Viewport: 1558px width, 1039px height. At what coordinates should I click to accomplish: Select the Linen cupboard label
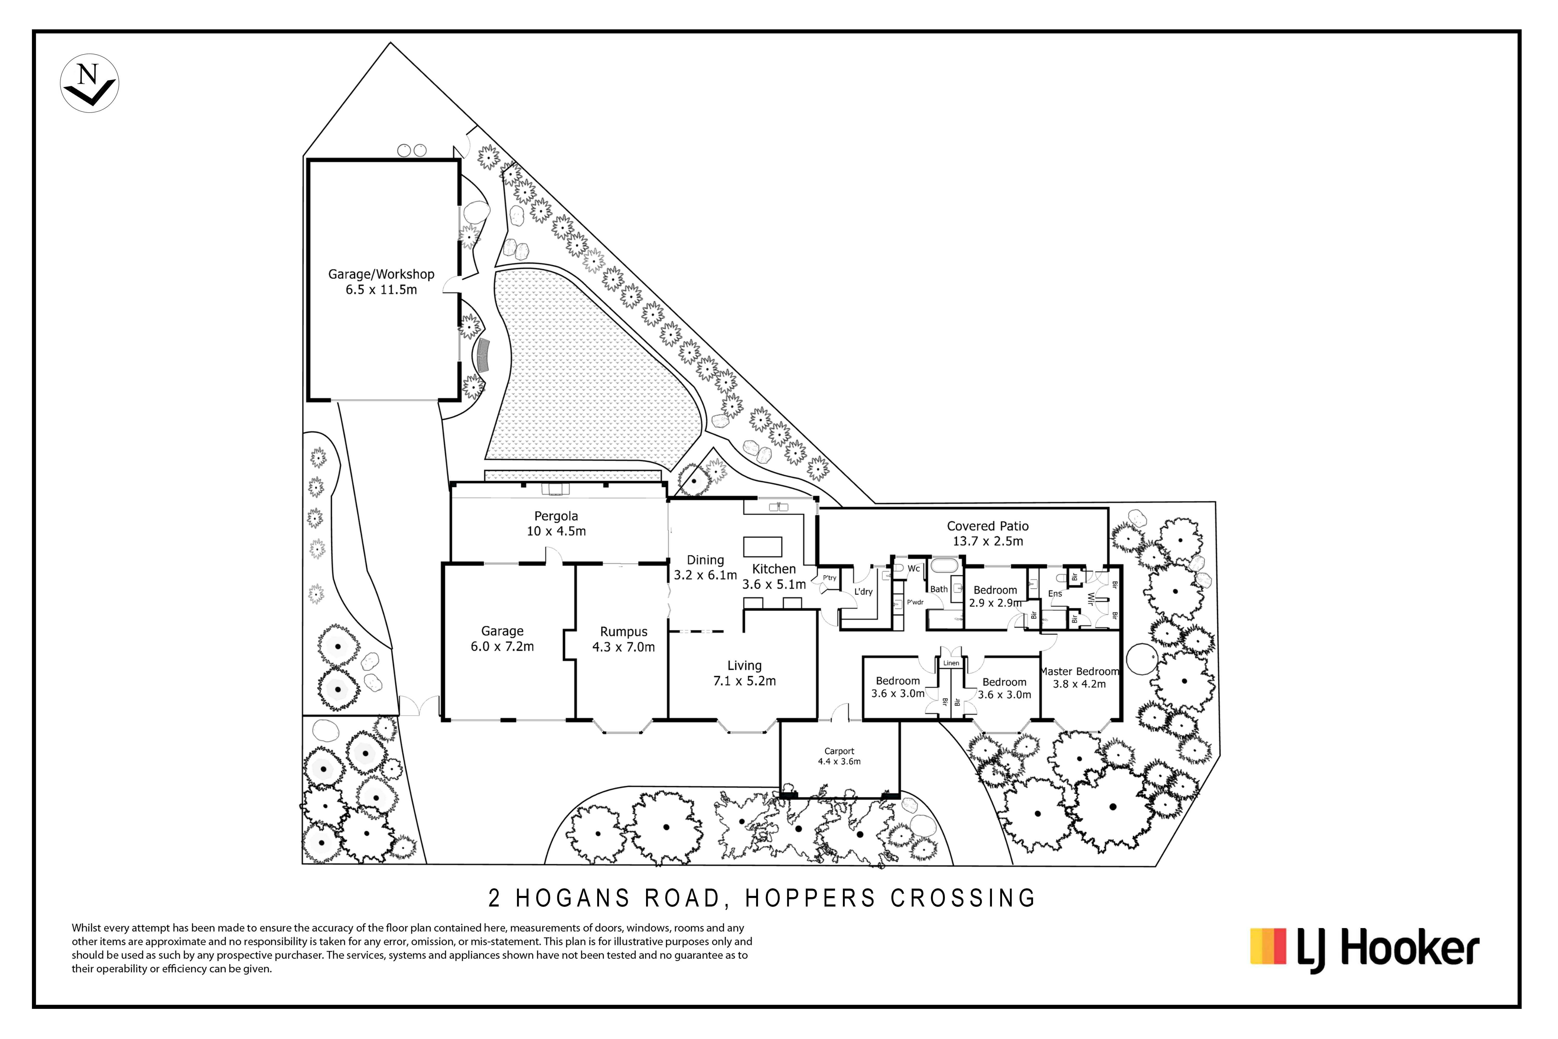[x=951, y=663]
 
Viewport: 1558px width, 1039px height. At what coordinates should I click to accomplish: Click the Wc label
[x=914, y=569]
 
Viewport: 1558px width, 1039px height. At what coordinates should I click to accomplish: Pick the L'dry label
[x=863, y=592]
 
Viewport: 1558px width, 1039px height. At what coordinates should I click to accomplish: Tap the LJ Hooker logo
[x=1365, y=950]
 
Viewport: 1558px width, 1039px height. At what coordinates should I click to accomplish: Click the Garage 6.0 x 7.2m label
[x=502, y=639]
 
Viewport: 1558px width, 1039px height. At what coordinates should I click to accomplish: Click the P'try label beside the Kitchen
[x=829, y=578]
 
